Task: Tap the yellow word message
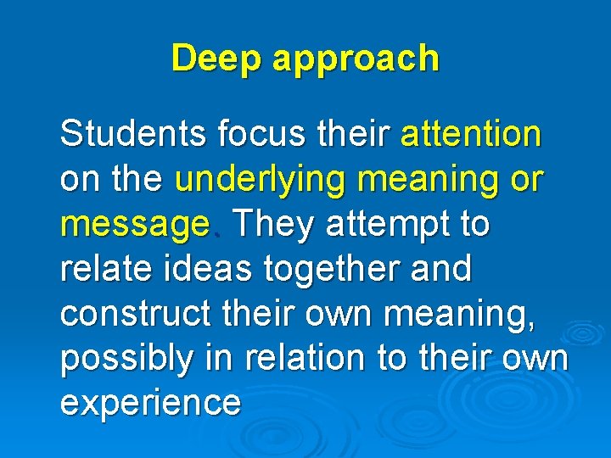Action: point(134,226)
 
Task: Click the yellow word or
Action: point(527,181)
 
